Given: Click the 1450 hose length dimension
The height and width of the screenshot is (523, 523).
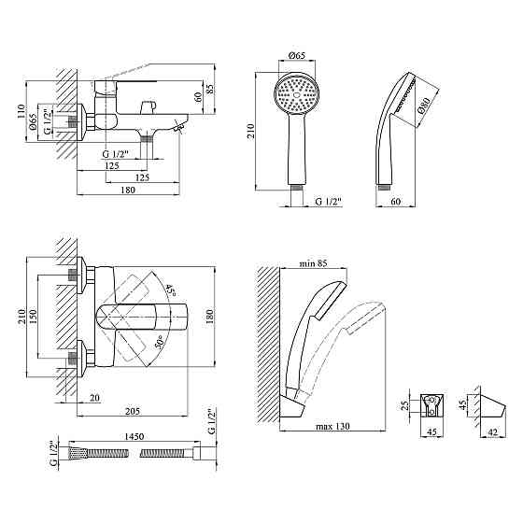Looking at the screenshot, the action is [134, 436].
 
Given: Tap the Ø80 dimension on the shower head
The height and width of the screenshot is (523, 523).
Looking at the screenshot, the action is [424, 106].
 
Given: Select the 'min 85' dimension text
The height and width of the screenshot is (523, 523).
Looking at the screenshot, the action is [313, 263].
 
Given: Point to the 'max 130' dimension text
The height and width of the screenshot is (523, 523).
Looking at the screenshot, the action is [332, 426].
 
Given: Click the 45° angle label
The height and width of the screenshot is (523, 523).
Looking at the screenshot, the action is [170, 290].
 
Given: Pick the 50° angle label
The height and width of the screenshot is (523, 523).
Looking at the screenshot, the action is [160, 342].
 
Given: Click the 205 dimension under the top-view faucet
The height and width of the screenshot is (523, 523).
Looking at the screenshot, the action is [133, 411].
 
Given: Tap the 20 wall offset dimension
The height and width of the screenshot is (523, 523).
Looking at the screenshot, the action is [94, 398].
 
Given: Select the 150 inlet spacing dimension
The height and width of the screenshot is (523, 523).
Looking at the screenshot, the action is [33, 317].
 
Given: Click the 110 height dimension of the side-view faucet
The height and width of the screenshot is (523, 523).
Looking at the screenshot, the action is [21, 111].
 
